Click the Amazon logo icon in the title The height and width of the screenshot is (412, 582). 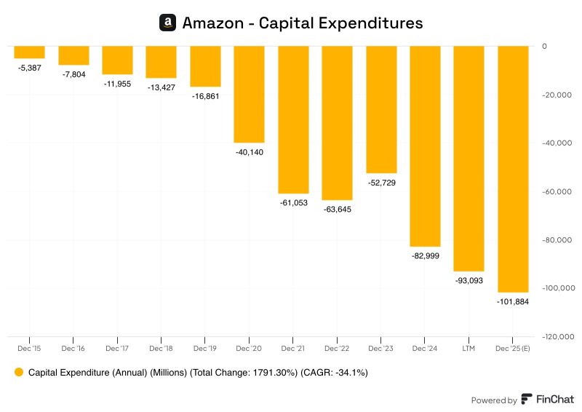click(168, 23)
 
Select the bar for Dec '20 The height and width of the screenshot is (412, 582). click(249, 94)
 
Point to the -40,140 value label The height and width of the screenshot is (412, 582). click(249, 152)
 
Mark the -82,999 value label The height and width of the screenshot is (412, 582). click(425, 256)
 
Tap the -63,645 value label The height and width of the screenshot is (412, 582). click(337, 210)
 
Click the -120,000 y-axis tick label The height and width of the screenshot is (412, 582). click(557, 337)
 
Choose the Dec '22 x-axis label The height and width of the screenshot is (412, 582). click(337, 349)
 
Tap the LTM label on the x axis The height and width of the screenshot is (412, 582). click(469, 349)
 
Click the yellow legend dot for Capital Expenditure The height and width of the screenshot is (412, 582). click(19, 373)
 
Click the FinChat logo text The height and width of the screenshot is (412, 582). click(555, 400)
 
